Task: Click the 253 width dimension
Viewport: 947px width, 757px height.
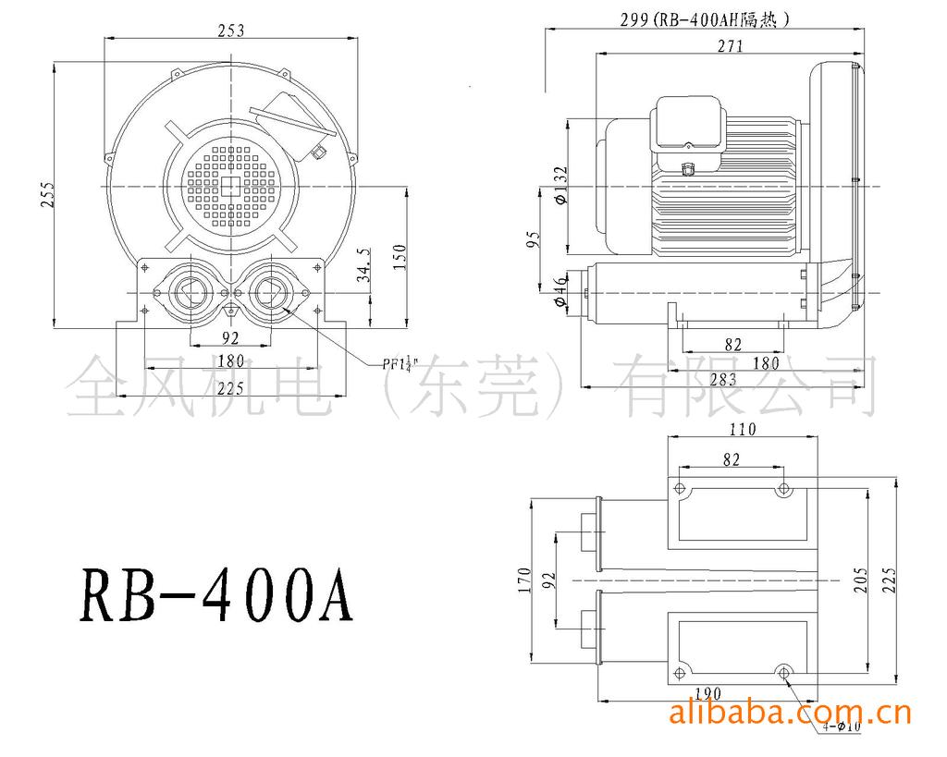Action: click(230, 30)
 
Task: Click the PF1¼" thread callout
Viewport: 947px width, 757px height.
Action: click(401, 362)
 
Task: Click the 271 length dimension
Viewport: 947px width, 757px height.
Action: click(730, 47)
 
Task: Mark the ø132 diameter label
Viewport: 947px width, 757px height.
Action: click(558, 185)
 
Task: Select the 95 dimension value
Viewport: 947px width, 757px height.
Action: click(534, 241)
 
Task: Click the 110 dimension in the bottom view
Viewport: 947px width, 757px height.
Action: click(743, 429)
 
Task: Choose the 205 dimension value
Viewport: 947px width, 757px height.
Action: click(860, 580)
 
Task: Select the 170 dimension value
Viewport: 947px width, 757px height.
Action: click(523, 580)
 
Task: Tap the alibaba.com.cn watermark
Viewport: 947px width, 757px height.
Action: click(789, 713)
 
